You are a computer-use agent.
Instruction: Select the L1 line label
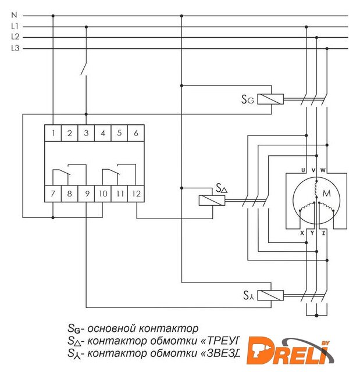(x=15, y=27)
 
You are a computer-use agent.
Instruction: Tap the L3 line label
(x=15, y=48)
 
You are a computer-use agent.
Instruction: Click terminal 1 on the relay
(x=53, y=133)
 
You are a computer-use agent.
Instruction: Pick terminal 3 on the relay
(x=86, y=133)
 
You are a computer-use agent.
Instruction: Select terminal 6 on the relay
(x=136, y=133)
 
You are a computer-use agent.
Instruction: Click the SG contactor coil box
(x=270, y=98)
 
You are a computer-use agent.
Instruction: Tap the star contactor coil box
(x=270, y=295)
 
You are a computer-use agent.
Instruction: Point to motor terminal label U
(x=303, y=170)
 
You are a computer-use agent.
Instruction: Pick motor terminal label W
(x=323, y=170)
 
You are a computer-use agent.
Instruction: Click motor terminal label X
(x=302, y=232)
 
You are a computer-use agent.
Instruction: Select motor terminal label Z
(x=323, y=232)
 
